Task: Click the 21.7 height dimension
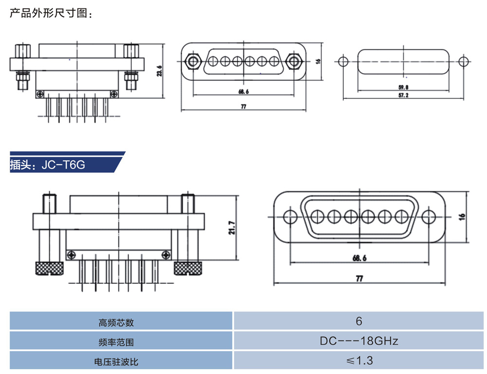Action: [232, 227]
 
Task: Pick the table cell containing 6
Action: [359, 321]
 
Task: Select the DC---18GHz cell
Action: [359, 341]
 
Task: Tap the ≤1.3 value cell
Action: [359, 361]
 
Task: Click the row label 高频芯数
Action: [116, 322]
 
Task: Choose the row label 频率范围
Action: [116, 342]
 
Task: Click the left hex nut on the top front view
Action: [193, 61]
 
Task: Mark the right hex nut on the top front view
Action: [294, 61]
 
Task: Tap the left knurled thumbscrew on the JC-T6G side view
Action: [49, 268]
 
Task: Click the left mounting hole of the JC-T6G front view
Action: [290, 216]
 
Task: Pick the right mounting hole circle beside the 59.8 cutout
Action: [464, 61]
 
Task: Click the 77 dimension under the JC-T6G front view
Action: [359, 279]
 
